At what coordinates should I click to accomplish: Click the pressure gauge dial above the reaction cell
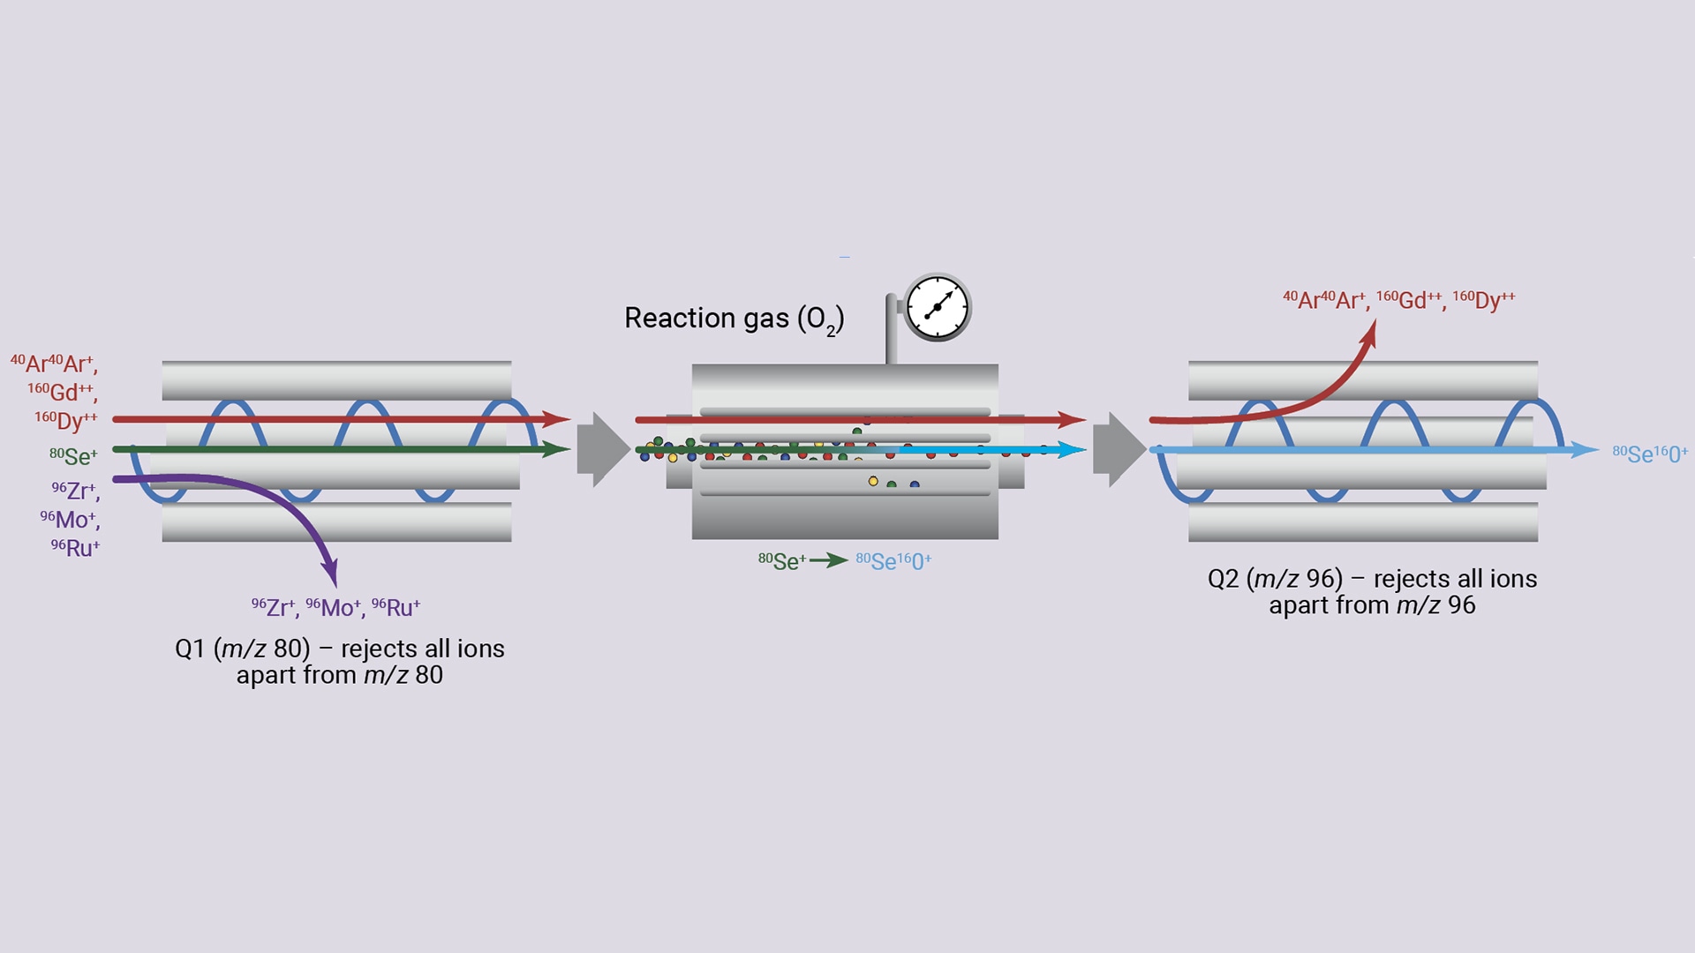(938, 307)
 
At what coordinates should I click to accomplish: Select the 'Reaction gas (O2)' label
(734, 319)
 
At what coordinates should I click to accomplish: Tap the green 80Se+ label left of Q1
(74, 456)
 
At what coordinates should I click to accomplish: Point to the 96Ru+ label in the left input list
(76, 548)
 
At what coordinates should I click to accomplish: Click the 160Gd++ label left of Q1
(63, 392)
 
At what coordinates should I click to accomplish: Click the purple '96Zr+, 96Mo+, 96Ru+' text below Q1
(335, 608)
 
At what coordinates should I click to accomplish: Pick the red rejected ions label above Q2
(1398, 300)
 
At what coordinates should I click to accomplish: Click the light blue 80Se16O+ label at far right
(1649, 454)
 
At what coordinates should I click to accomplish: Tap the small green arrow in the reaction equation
(829, 560)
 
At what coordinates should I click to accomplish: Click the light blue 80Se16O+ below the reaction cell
(893, 561)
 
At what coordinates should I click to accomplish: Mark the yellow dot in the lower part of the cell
(873, 481)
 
